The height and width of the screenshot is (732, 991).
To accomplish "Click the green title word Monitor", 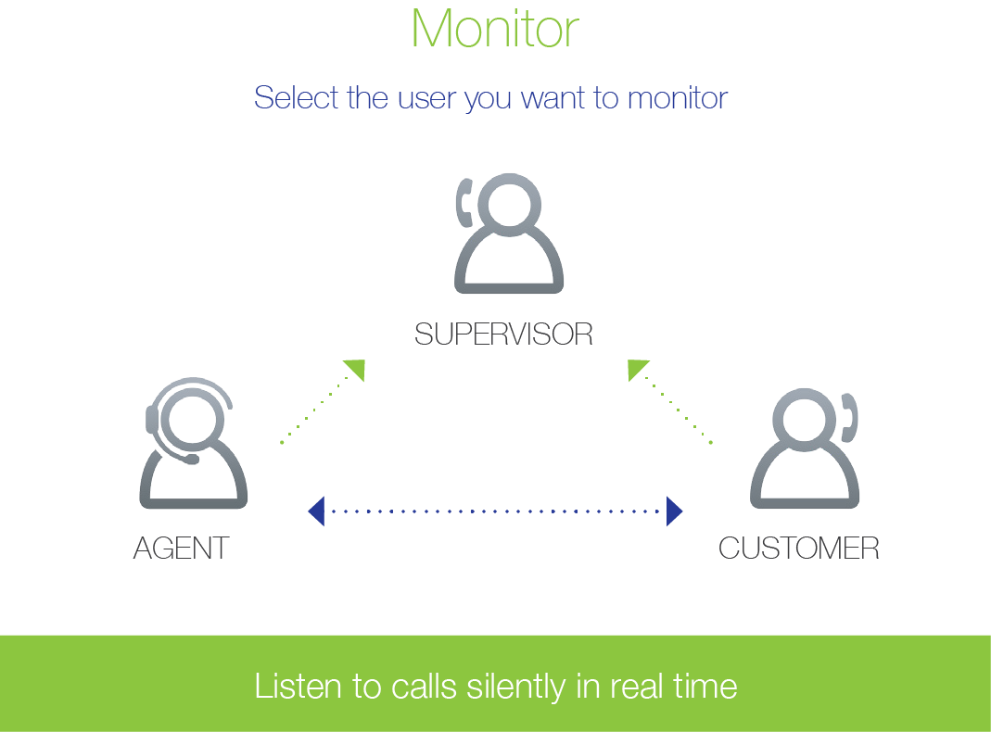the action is (495, 29).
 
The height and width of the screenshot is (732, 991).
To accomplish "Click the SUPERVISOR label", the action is (503, 334).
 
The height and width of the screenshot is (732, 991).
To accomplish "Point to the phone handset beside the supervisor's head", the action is (464, 203).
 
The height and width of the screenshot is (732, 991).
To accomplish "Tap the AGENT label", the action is (182, 548).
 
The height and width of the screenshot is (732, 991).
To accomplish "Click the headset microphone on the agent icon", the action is (190, 460).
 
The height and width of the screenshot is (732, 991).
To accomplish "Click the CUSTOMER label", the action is (799, 548).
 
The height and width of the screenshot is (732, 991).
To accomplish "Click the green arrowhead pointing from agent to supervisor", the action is (357, 368).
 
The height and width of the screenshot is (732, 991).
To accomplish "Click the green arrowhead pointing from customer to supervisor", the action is (636, 368).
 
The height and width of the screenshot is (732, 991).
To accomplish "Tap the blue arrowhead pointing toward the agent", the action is (317, 511).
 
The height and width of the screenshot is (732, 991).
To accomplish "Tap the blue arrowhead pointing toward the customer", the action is (674, 511).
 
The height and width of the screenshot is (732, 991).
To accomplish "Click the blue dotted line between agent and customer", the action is (495, 511).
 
